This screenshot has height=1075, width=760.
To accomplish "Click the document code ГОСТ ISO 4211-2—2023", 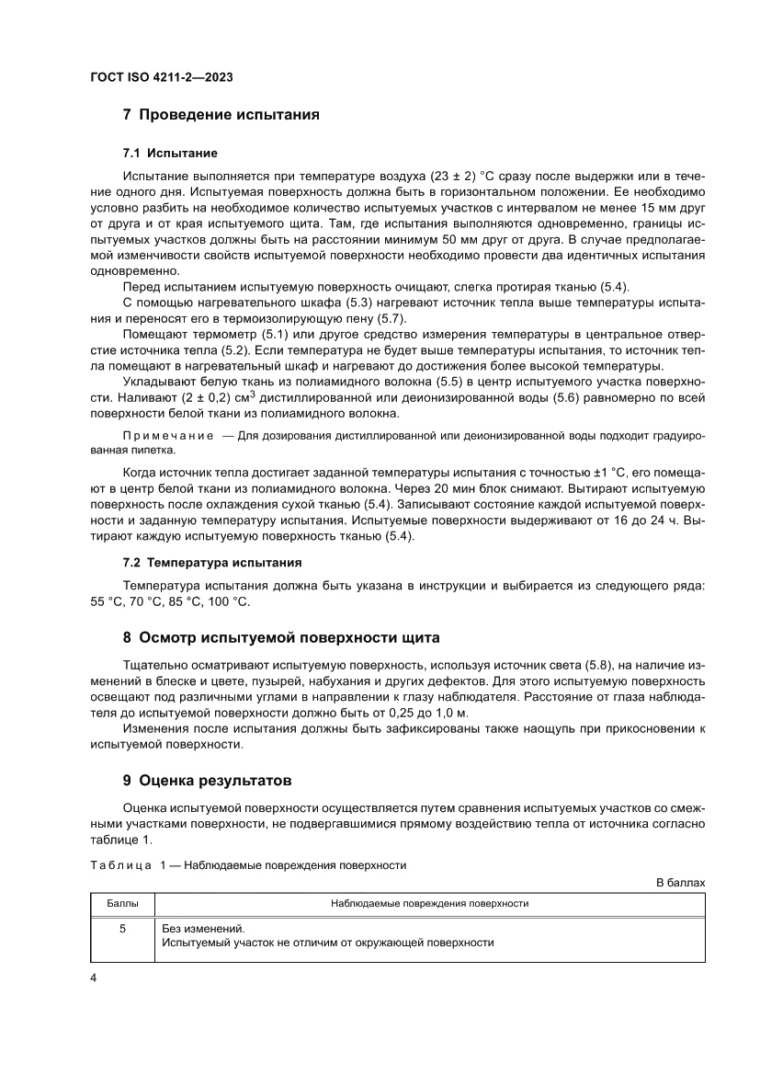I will coord(161,78).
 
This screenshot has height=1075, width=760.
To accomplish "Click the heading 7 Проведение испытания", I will coord(221,115).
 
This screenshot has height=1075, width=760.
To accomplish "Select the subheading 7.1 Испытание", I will coord(170,152).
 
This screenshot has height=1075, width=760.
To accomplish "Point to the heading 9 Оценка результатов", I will coord(207,780).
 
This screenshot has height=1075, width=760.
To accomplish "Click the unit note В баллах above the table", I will coord(680,882).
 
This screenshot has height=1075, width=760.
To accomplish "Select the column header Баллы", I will coord(122,904).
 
